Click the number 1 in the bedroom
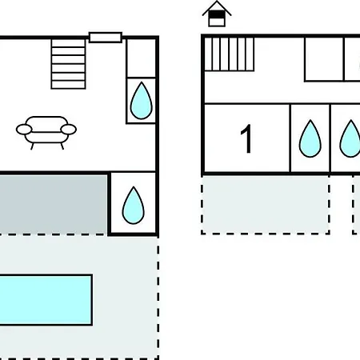click(247, 138)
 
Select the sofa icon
click(46, 133)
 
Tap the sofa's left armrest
click(24, 130)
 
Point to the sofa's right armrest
click(69, 130)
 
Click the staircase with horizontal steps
click(68, 64)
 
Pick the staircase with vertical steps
click(229, 54)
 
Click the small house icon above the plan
click(217, 14)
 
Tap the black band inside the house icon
click(217, 14)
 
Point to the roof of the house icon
click(217, 8)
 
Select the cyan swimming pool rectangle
click(46, 300)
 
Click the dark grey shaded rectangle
click(54, 205)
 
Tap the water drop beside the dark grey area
click(134, 206)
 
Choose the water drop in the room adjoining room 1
click(310, 138)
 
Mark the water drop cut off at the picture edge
click(350, 138)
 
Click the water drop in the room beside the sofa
click(142, 101)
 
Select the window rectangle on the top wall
click(106, 38)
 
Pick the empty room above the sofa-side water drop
click(142, 58)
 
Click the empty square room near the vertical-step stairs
click(324, 59)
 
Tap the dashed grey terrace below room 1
click(266, 205)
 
